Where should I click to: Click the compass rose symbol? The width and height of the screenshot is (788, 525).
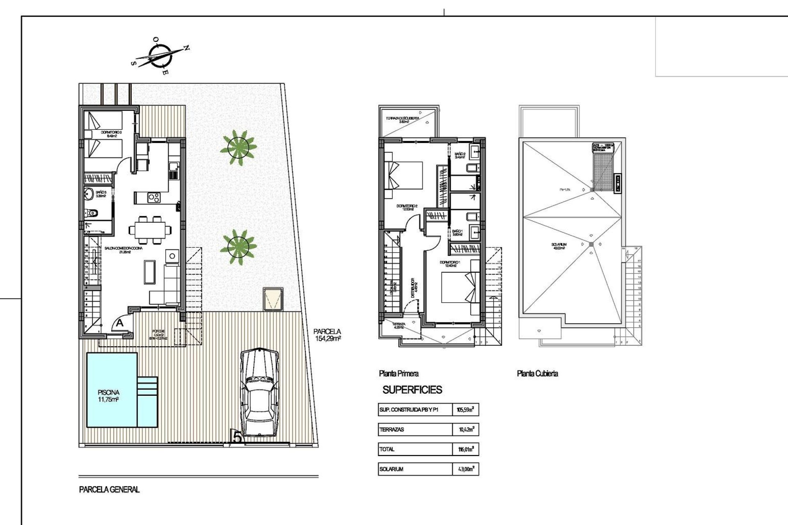[x=159, y=57]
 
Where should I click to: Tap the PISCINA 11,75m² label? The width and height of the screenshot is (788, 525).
[x=108, y=396]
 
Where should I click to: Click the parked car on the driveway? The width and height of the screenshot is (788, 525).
[x=259, y=393]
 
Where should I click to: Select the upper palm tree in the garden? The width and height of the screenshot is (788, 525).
[x=238, y=147]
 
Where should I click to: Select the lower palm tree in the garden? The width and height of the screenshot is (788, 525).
[x=238, y=247]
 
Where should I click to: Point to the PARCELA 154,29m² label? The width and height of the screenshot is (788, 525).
[x=327, y=335]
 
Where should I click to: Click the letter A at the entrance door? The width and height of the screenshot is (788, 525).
[x=119, y=323]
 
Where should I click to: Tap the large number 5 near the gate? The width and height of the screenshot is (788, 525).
[x=237, y=436]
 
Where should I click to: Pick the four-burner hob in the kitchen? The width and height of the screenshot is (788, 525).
[x=154, y=198]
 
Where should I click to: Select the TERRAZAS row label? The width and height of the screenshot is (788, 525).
[x=392, y=429]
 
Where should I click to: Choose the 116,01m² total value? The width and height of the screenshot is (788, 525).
[x=466, y=449]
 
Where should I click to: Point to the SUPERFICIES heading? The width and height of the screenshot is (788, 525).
[x=412, y=390]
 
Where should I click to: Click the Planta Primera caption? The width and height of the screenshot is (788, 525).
[x=399, y=373]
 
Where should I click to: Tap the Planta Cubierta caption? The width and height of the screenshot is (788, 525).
[x=537, y=373]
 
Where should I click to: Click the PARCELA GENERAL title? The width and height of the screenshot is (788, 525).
[x=109, y=489]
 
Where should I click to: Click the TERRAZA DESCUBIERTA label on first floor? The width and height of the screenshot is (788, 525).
[x=402, y=119]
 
